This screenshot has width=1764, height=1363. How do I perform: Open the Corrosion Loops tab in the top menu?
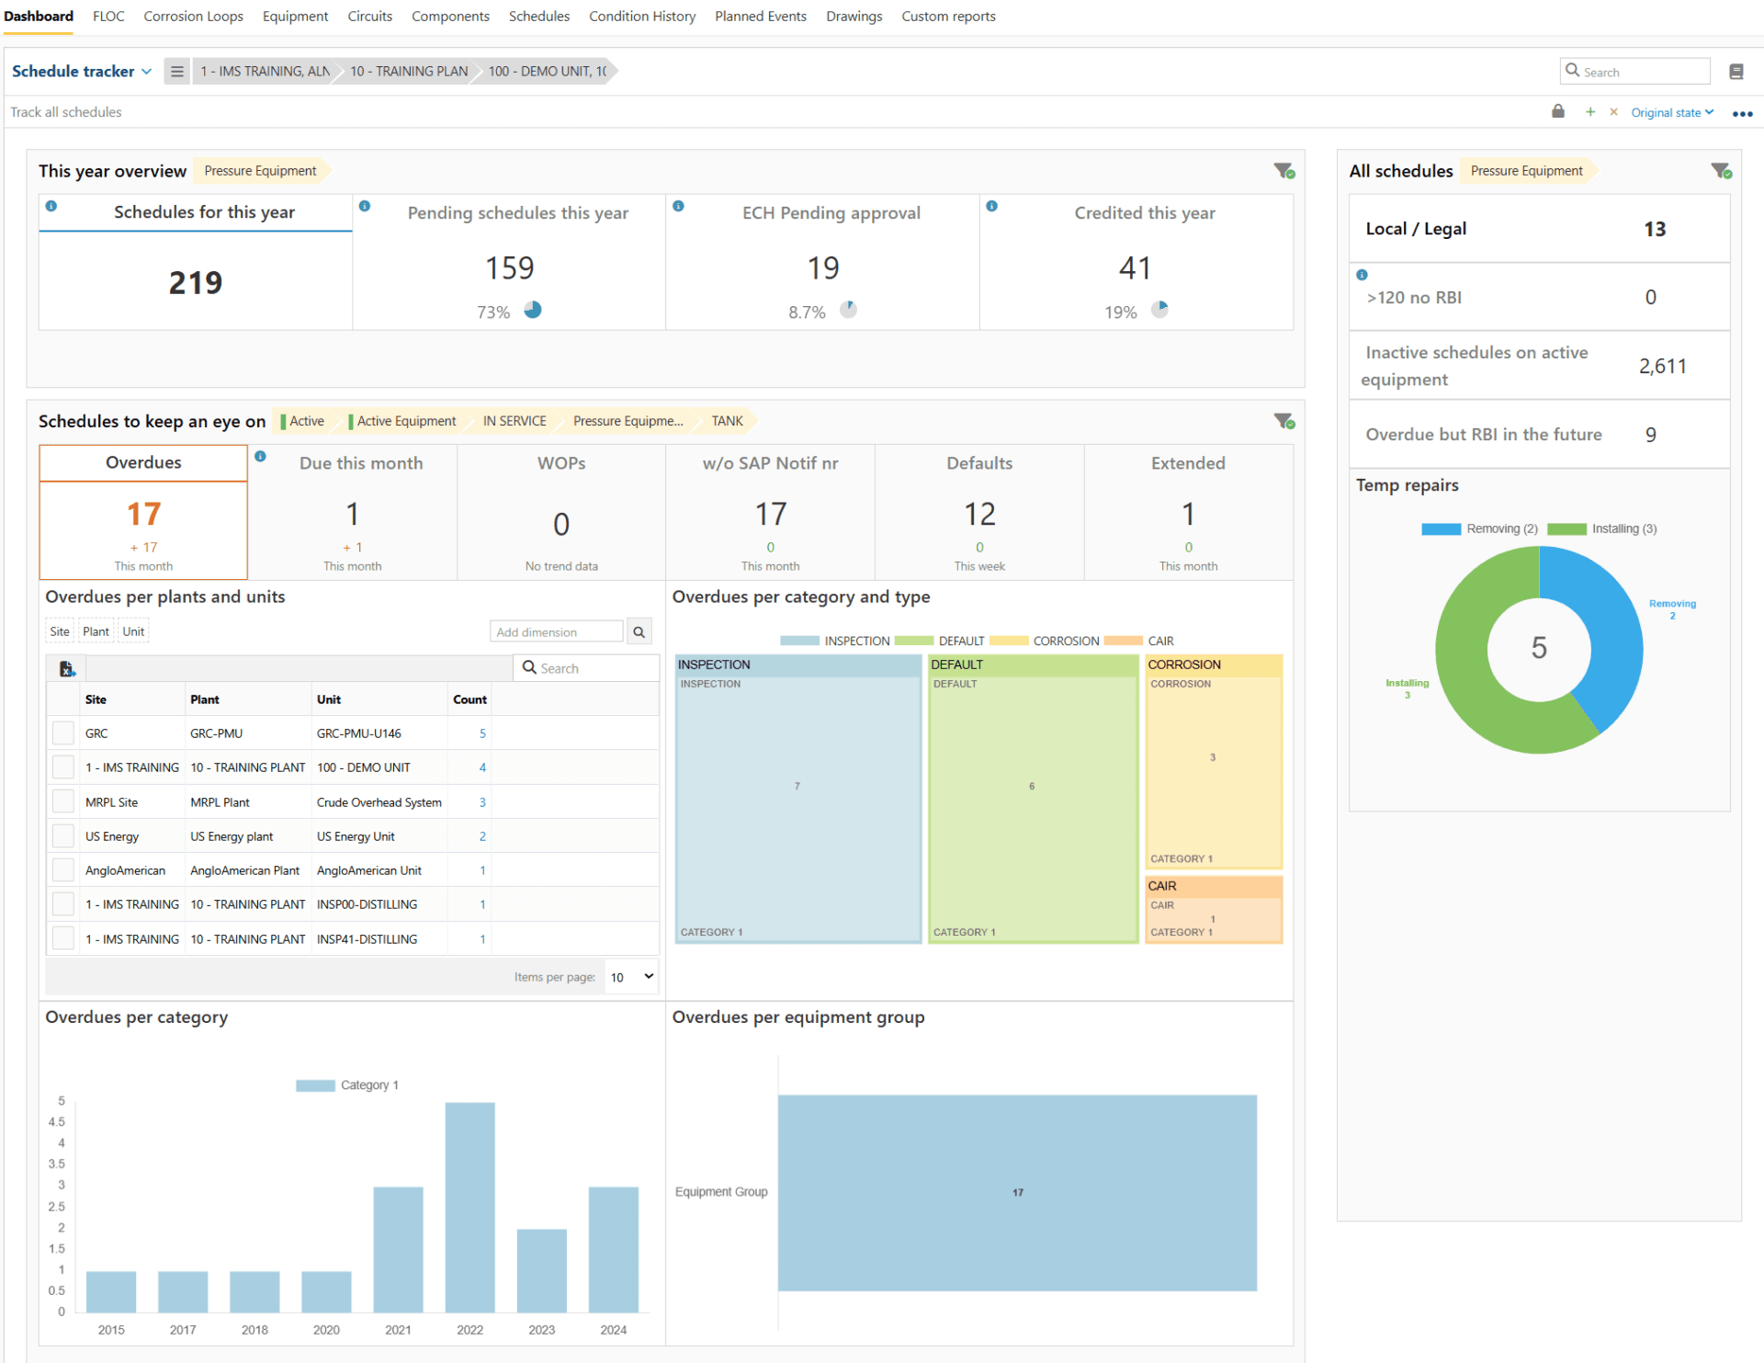click(193, 17)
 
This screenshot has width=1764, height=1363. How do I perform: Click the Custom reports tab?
click(948, 17)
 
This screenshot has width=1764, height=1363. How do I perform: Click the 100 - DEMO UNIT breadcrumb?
click(547, 72)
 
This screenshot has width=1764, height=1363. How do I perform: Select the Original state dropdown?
click(1671, 113)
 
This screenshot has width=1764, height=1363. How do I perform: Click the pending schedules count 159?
click(509, 268)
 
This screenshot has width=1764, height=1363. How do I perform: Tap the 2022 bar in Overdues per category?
click(469, 1206)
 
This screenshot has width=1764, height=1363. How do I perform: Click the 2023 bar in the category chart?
click(541, 1270)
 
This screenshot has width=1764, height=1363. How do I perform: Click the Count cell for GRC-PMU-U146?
click(481, 733)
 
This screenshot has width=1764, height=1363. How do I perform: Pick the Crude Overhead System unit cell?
click(379, 802)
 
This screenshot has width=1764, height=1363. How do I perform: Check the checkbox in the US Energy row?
click(63, 836)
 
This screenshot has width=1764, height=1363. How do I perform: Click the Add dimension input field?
click(556, 632)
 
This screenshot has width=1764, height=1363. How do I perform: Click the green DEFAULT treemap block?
click(1032, 800)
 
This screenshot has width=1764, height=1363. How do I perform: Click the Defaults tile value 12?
click(978, 515)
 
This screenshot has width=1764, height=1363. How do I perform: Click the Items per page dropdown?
click(632, 977)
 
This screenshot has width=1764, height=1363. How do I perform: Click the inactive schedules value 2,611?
click(1662, 367)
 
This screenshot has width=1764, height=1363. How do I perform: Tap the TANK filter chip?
click(726, 421)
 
